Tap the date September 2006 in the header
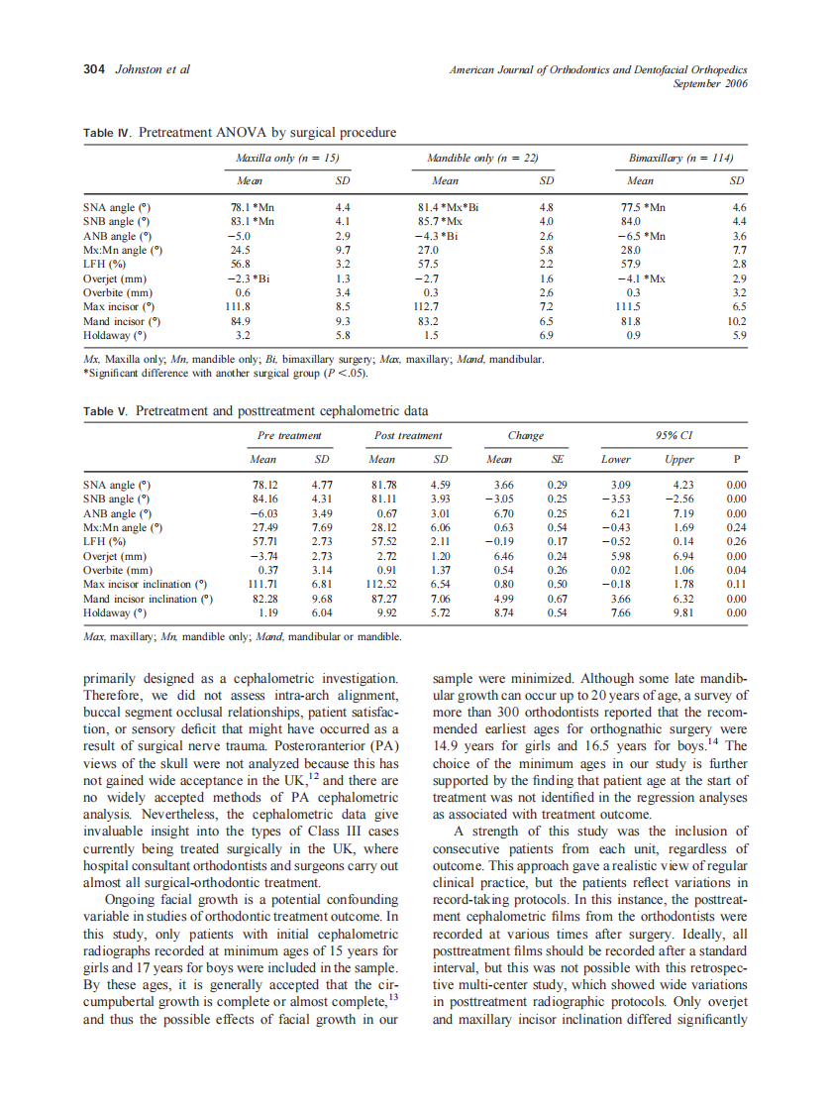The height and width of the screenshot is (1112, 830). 710,83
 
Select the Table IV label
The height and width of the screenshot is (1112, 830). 108,133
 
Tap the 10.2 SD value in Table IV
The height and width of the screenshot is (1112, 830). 737,320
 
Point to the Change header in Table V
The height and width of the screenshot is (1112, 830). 525,435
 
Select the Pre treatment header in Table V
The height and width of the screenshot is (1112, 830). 289,435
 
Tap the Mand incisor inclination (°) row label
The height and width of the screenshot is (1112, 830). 148,599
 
